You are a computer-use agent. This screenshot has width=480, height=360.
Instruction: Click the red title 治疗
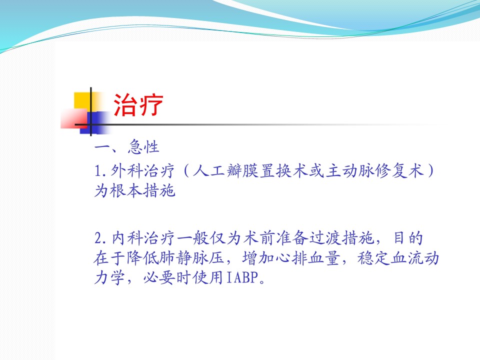coord(138,104)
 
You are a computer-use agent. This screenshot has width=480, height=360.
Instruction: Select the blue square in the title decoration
coord(94,123)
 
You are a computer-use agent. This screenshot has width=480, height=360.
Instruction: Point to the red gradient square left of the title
coord(74,119)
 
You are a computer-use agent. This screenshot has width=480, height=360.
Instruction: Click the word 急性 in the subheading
coord(143,146)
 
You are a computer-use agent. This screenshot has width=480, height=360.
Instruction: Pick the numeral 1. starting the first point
coord(100,171)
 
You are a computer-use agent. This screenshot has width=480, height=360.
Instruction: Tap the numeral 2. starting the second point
coord(100,238)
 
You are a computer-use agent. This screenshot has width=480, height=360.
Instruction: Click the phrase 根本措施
coord(142,190)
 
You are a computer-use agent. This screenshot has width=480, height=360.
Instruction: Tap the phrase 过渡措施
coord(342,238)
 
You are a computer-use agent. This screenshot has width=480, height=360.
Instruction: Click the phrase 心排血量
coord(307,258)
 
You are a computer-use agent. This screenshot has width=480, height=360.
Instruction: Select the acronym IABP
coord(242,278)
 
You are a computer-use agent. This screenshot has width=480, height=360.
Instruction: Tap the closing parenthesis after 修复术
coord(430,171)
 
